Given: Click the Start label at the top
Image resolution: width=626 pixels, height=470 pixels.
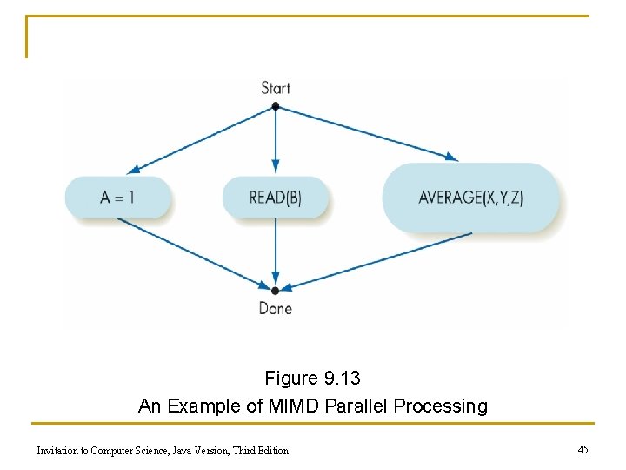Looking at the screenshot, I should click(x=276, y=88).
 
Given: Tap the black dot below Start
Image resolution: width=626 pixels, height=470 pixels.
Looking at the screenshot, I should click(x=276, y=106).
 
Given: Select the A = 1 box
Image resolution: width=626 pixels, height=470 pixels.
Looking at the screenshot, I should click(x=117, y=197).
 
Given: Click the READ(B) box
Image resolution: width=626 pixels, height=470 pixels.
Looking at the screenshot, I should click(x=276, y=197).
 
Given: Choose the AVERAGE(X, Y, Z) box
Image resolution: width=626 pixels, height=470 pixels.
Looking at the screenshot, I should click(x=470, y=197).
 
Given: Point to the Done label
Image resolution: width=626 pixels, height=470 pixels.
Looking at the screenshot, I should click(x=276, y=308).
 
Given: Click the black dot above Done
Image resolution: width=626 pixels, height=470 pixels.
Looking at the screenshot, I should click(x=276, y=290).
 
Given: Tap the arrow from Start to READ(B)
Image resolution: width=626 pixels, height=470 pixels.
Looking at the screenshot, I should click(x=276, y=139).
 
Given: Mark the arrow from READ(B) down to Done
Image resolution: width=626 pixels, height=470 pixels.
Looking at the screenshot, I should click(x=276, y=252).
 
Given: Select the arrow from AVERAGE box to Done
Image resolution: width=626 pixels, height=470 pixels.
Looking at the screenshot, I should click(x=378, y=260).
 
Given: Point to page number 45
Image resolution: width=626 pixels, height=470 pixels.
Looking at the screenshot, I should click(x=583, y=449).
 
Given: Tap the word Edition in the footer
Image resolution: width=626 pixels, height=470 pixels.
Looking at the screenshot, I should click(x=270, y=450).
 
